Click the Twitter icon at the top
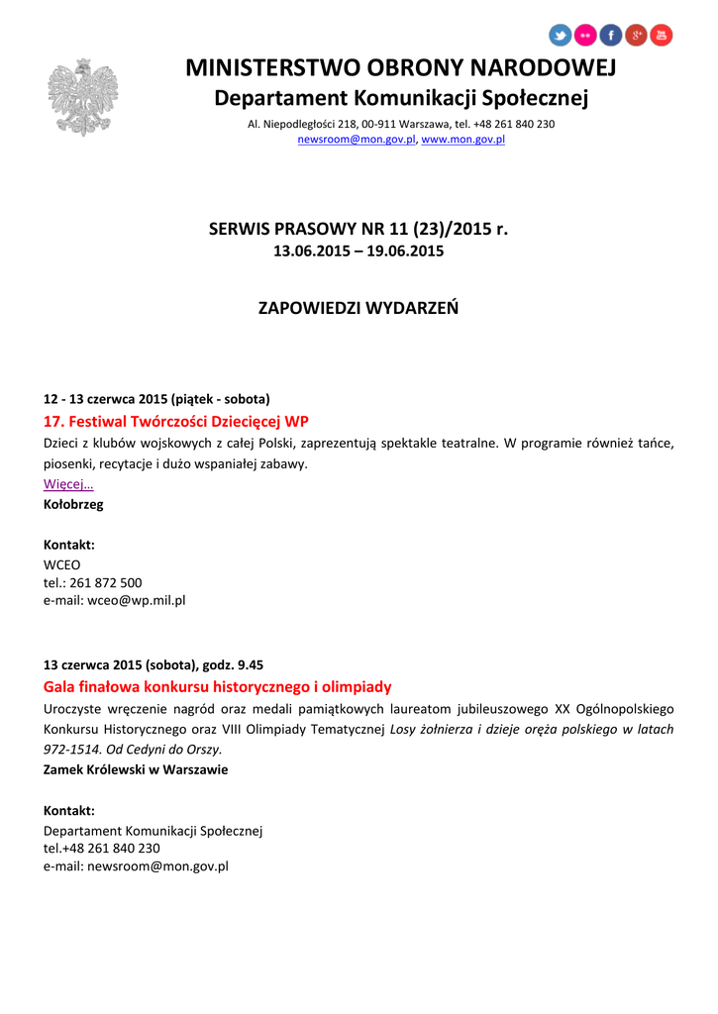(x=561, y=36)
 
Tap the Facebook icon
(x=611, y=36)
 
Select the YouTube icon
(x=662, y=36)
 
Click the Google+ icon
(x=637, y=36)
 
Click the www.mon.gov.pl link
(x=463, y=141)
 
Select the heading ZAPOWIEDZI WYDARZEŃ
(x=359, y=307)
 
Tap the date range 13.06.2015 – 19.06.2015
(x=359, y=252)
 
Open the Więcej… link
(x=68, y=484)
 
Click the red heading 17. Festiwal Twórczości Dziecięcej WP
(x=176, y=421)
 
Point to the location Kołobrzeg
(x=73, y=504)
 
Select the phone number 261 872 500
(x=106, y=582)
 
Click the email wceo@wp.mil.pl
(x=137, y=600)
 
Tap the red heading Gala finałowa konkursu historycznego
(x=218, y=686)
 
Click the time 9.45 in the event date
(x=247, y=664)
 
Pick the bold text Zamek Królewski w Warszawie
(x=136, y=769)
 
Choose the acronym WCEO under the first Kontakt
(x=61, y=564)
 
